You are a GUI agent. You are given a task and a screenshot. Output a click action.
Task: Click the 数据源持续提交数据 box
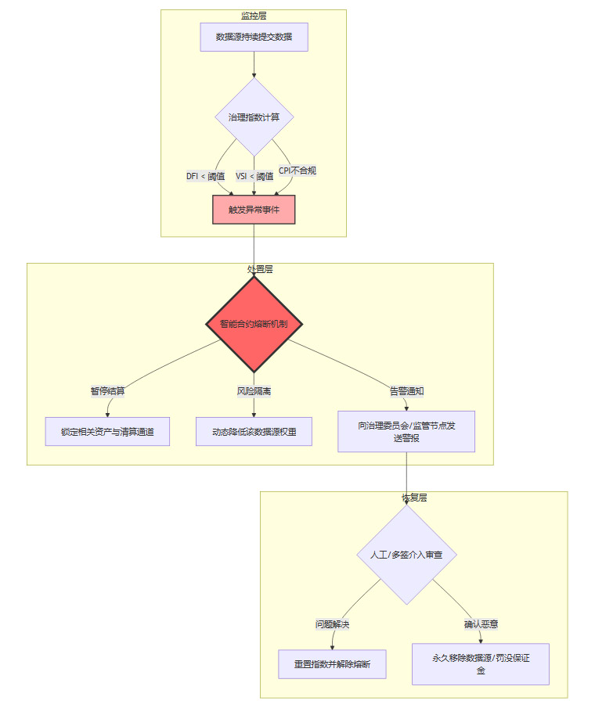(x=254, y=37)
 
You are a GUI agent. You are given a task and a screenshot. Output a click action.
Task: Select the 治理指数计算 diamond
(x=254, y=117)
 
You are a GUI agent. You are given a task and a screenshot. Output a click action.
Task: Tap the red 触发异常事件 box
(x=254, y=210)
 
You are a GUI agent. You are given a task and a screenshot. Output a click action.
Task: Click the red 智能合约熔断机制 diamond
(x=254, y=323)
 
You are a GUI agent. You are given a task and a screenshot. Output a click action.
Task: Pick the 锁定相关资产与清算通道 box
(x=107, y=431)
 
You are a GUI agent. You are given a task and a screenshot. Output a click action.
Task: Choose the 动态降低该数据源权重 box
(x=254, y=431)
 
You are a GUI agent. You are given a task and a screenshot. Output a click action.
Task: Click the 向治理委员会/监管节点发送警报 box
(x=406, y=431)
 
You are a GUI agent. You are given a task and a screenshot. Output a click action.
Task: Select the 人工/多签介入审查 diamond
(x=406, y=555)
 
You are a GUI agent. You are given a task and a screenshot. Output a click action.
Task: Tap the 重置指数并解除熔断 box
(x=333, y=664)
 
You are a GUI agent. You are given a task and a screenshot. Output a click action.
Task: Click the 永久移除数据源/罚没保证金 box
(x=481, y=664)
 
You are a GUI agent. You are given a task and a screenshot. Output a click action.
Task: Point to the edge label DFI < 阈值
(x=205, y=176)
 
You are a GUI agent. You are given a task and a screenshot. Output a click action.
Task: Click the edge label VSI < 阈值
(x=254, y=176)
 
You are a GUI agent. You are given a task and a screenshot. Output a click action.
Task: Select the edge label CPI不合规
(x=297, y=171)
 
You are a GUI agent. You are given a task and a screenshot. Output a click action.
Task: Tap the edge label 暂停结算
(x=108, y=391)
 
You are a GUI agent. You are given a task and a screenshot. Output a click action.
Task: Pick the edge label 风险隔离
(x=254, y=391)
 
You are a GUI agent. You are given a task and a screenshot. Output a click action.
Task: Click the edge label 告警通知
(x=406, y=391)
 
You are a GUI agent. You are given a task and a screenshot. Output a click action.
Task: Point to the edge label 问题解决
(x=332, y=624)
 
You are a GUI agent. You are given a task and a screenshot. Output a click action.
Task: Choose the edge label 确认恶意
(x=481, y=624)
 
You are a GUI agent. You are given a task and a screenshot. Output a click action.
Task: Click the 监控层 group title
(x=254, y=15)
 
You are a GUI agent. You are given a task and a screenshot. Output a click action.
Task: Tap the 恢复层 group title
(x=414, y=498)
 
